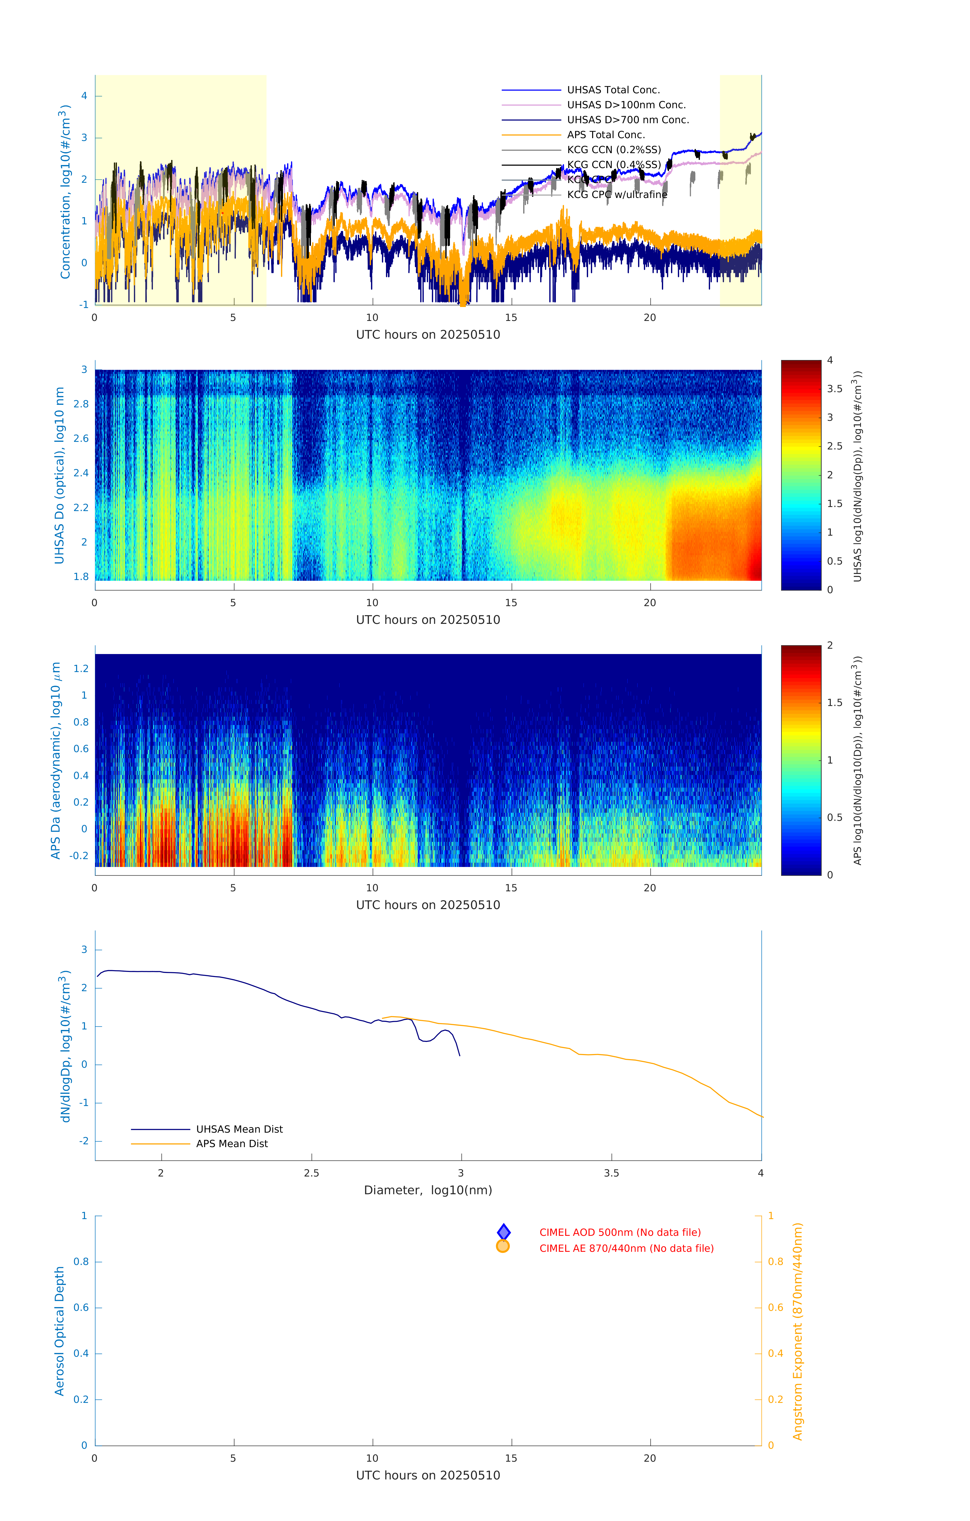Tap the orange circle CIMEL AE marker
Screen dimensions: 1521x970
(503, 1246)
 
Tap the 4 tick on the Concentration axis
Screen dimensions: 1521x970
(84, 96)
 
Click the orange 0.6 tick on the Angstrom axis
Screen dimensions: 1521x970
(775, 1308)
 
